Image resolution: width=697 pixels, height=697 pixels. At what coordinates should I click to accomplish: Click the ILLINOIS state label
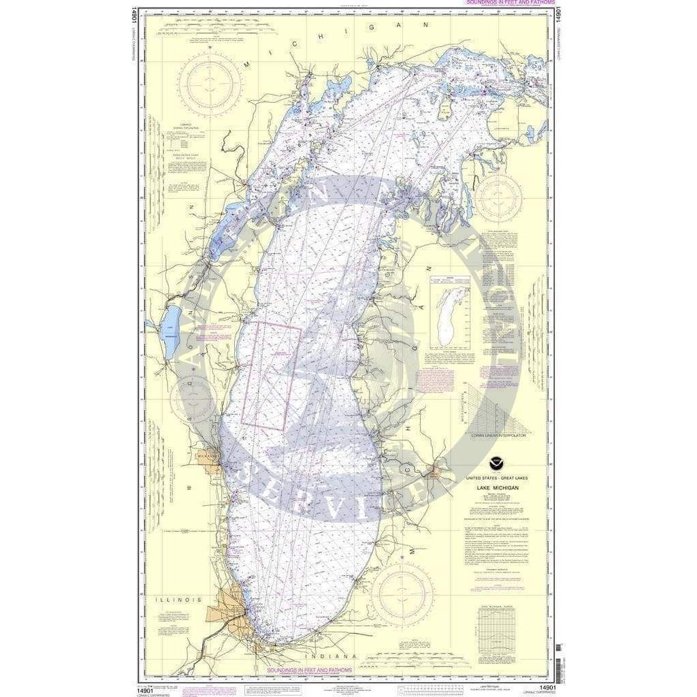178,600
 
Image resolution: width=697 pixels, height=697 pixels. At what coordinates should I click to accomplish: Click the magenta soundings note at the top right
500,3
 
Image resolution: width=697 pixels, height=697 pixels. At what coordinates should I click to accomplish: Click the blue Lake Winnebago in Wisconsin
172,332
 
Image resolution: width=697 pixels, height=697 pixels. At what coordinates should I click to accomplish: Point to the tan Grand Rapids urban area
433,469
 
